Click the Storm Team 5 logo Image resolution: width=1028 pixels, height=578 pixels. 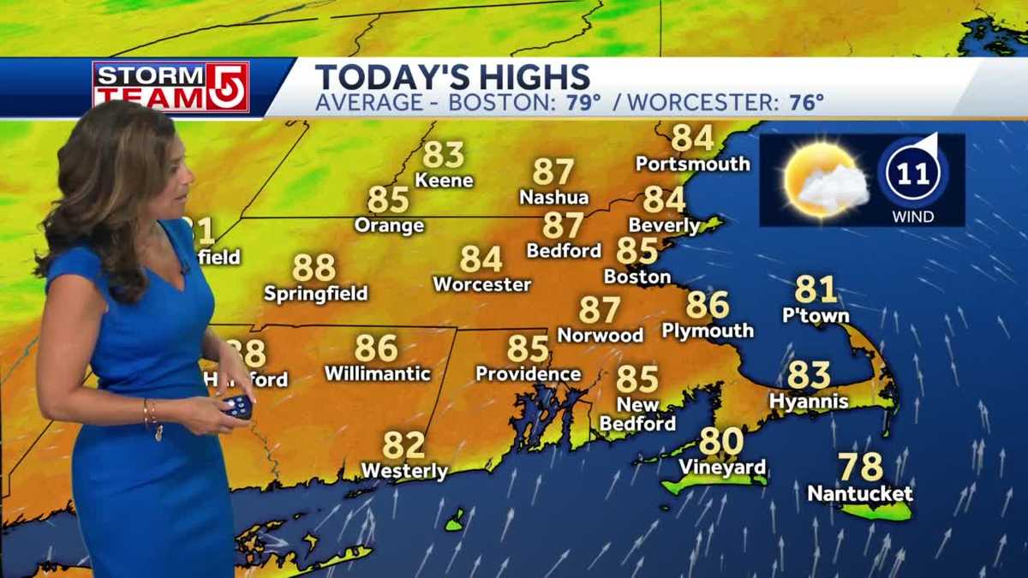click(170, 86)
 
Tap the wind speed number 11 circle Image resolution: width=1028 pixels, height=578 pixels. click(912, 174)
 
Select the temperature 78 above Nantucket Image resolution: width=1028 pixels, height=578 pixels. click(860, 468)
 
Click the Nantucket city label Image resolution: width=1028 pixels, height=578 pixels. click(860, 494)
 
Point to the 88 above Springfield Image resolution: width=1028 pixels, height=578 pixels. click(314, 268)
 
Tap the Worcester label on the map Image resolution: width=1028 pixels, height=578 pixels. click(481, 284)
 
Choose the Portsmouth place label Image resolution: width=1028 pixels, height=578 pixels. click(692, 164)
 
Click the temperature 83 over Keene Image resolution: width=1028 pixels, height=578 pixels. click(443, 155)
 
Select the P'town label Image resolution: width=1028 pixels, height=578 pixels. click(816, 316)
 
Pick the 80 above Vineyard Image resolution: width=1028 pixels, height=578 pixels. click(720, 442)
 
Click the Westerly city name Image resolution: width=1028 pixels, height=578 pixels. click(404, 471)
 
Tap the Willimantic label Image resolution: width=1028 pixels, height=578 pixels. click(377, 374)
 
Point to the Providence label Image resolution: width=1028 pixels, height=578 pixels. click(528, 374)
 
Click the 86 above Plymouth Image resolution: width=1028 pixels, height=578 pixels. click(707, 305)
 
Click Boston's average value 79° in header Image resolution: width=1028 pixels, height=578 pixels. click(583, 103)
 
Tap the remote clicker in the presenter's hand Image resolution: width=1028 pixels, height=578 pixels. click(237, 406)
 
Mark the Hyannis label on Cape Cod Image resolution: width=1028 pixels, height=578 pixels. click(808, 401)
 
